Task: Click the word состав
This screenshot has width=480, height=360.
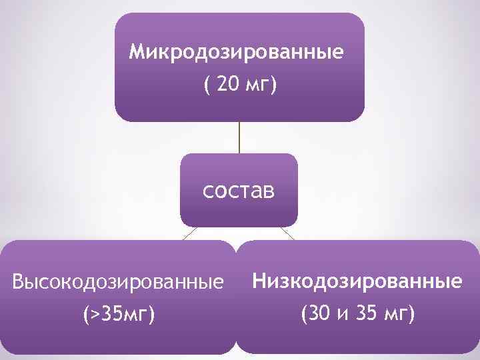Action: tap(238, 191)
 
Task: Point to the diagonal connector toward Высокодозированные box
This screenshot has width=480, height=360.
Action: tap(189, 233)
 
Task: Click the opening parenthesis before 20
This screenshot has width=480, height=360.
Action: tap(206, 86)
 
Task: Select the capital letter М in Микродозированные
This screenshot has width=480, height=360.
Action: tap(137, 51)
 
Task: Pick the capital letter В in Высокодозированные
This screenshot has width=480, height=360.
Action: tap(19, 283)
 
